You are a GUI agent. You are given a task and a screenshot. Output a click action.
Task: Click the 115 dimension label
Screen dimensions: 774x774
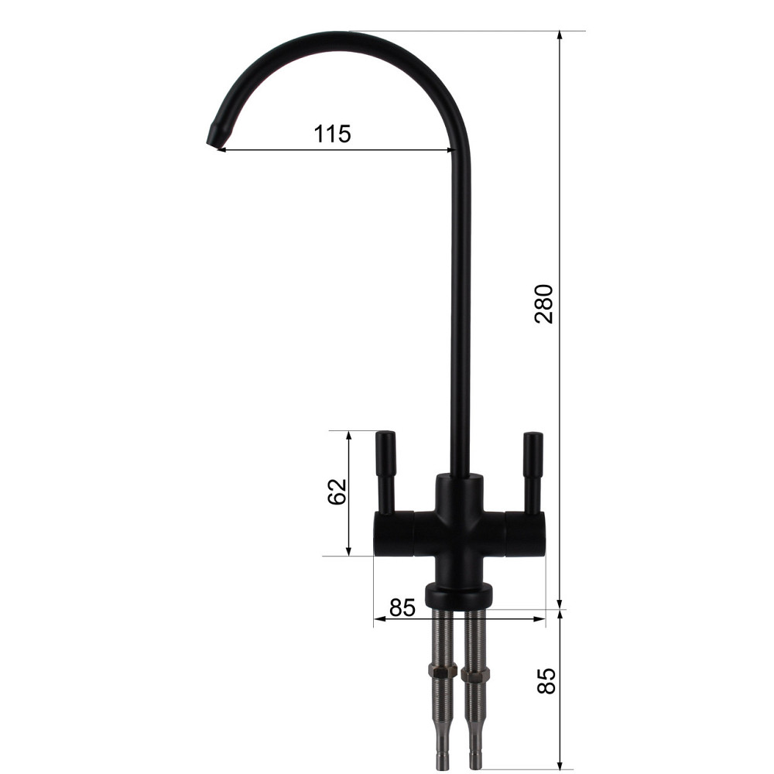[333, 133]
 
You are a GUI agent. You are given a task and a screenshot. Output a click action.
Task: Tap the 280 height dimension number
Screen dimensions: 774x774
[545, 303]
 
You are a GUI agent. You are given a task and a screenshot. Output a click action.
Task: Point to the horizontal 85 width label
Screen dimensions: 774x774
[402, 608]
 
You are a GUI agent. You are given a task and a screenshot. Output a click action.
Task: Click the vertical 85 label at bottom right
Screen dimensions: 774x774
[546, 681]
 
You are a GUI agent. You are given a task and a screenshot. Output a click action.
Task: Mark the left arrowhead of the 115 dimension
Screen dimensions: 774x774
[219, 149]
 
